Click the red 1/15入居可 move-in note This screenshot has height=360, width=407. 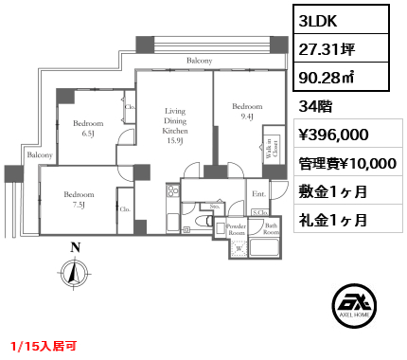click(44, 347)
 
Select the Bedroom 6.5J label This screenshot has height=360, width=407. click(87, 128)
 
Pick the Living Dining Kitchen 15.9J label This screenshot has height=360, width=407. click(174, 127)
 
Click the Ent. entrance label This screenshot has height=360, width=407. click(258, 195)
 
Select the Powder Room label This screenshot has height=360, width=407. click(237, 230)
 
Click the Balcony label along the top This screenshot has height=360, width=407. click(198, 61)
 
